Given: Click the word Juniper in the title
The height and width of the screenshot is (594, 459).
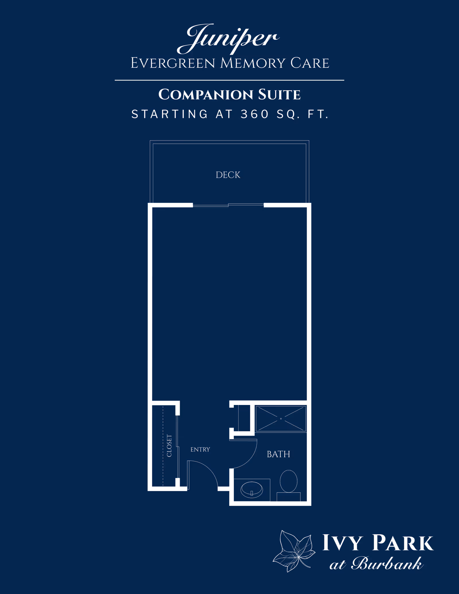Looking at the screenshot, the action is [228, 39].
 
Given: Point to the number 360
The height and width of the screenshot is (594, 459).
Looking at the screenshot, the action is [254, 114].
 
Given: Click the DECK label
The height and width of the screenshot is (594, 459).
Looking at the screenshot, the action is [228, 175].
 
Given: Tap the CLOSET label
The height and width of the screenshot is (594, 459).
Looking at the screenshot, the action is [169, 446].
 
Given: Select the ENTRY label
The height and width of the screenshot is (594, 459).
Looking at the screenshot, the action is [200, 449].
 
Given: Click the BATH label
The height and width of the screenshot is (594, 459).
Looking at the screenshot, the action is [278, 454].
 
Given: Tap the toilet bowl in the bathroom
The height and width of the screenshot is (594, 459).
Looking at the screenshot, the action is [289, 481].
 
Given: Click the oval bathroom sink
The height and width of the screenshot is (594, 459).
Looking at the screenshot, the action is [252, 490].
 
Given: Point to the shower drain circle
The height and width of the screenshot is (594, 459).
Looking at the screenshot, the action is [281, 419].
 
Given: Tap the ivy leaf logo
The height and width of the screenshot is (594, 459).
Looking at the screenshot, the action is [294, 551].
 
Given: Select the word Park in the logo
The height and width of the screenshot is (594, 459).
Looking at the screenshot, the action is [403, 543].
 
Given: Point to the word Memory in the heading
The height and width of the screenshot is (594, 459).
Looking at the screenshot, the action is [253, 63].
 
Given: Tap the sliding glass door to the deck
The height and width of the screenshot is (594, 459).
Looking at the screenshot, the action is [228, 205].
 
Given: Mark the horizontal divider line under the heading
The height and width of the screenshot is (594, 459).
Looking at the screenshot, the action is [229, 80].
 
